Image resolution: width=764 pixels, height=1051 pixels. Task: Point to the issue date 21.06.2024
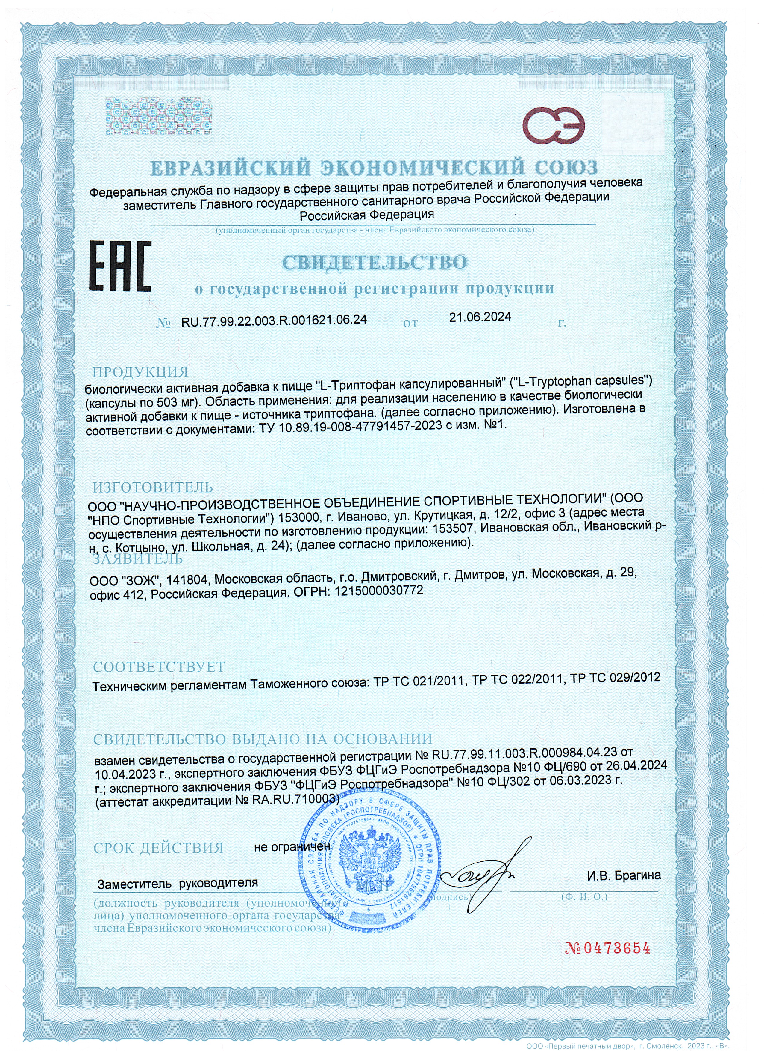point(480,317)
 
